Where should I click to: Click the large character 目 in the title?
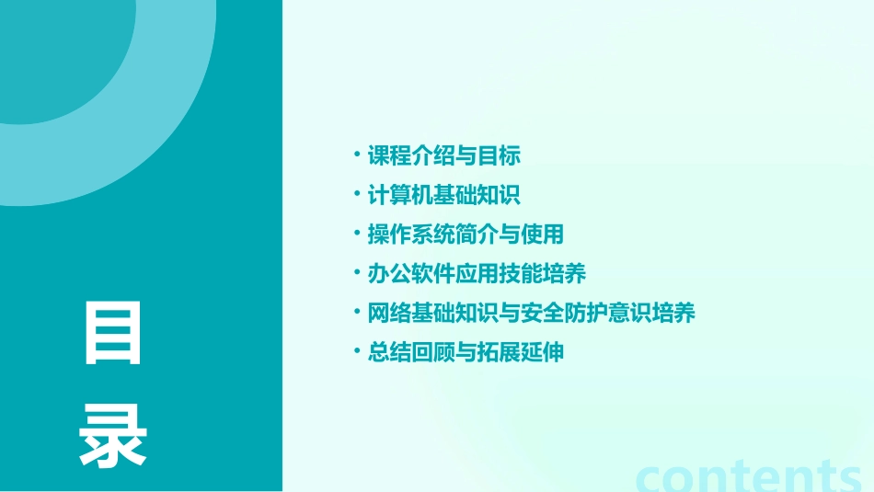click(113, 334)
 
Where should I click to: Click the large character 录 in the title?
click(113, 436)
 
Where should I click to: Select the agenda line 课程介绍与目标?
click(444, 155)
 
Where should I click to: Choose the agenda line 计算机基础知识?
click(444, 195)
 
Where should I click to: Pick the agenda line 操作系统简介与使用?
click(466, 235)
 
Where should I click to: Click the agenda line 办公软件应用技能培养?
click(477, 274)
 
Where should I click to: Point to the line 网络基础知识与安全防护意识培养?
click(531, 314)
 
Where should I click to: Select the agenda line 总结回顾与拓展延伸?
click(466, 353)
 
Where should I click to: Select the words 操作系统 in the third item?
click(411, 235)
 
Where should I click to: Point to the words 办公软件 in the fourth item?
click(411, 274)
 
